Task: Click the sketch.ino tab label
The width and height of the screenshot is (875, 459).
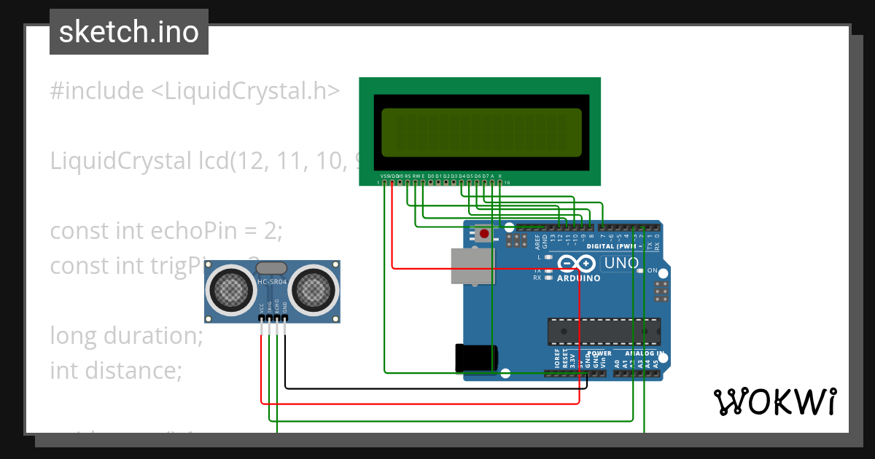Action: click(128, 32)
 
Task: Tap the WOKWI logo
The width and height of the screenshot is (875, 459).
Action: click(774, 401)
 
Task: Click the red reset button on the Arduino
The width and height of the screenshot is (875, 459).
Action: click(483, 234)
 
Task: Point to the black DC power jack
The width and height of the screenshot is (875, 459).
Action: click(476, 358)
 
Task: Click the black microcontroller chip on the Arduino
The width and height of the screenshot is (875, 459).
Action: click(604, 331)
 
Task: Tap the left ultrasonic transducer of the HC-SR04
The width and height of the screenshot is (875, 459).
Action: click(233, 289)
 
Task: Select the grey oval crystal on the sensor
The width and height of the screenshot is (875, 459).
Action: click(271, 269)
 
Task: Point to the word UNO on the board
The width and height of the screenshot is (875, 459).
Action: click(622, 263)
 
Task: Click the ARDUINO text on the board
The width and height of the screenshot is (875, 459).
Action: click(578, 278)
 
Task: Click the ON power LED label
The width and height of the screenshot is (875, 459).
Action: click(653, 270)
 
